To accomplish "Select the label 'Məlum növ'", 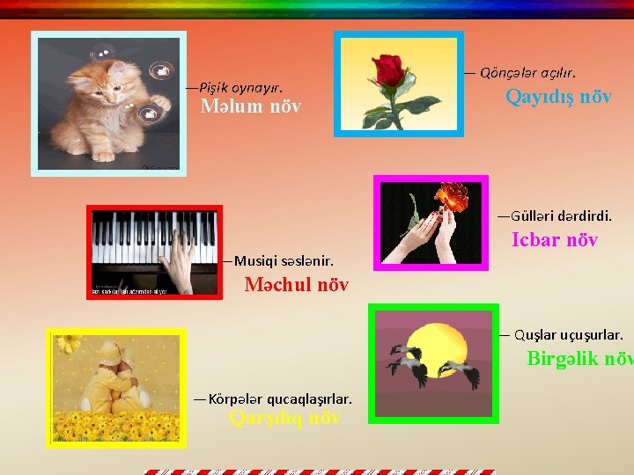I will point(250,106).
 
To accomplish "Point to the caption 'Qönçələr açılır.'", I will point(527,71).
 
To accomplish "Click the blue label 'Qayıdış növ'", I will point(558,97).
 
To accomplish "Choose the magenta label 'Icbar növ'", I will point(555,239).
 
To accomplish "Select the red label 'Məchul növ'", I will point(296,285).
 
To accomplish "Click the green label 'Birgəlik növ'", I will point(579,358).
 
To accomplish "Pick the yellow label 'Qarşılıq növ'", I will point(284,418).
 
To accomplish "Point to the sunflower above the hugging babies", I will point(69,342).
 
